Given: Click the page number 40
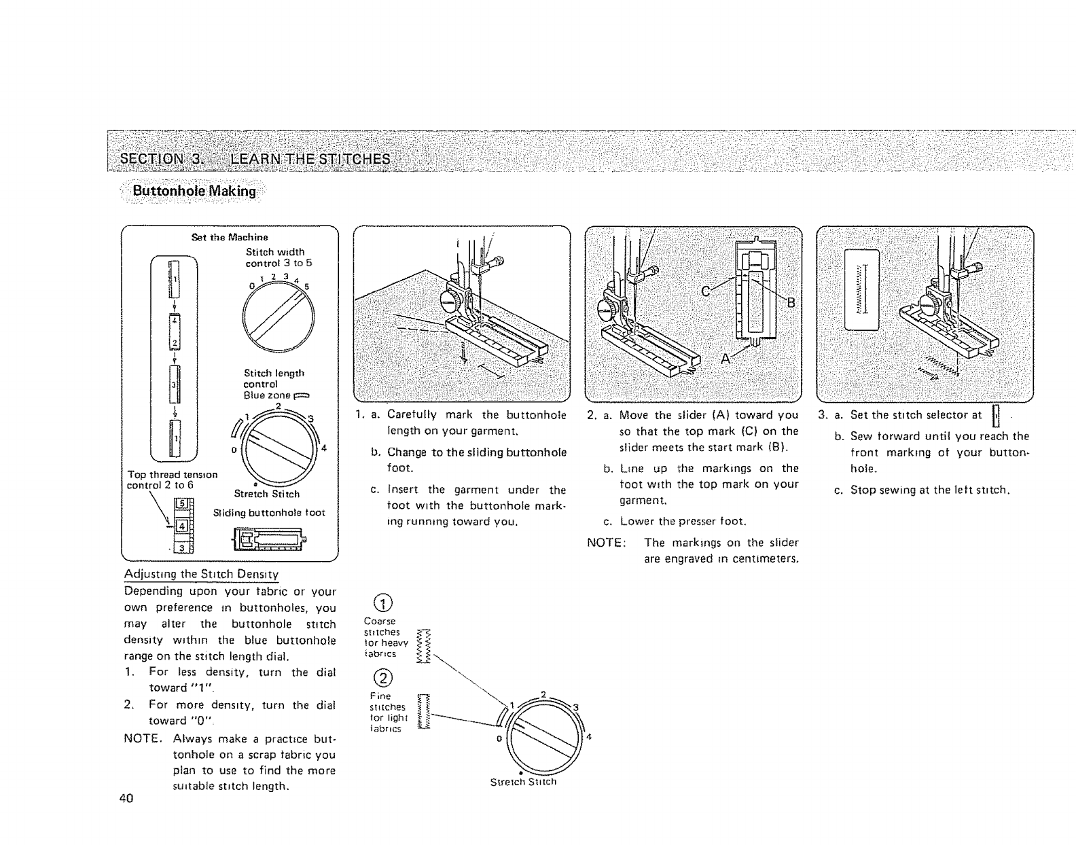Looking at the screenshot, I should click(x=125, y=798).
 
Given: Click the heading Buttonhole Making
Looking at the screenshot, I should click(x=194, y=191).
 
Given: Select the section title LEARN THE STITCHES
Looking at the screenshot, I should click(x=310, y=159).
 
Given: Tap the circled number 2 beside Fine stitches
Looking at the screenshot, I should click(x=384, y=678).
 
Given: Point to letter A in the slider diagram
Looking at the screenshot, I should click(x=725, y=359).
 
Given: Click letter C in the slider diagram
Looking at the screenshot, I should click(x=706, y=291).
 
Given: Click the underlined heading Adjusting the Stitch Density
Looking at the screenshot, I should click(x=202, y=574).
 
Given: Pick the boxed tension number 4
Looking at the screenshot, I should click(x=181, y=525).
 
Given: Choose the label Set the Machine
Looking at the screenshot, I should click(x=230, y=237).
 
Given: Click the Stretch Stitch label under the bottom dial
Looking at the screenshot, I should click(x=523, y=782).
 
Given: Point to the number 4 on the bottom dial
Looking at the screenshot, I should click(x=590, y=737).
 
